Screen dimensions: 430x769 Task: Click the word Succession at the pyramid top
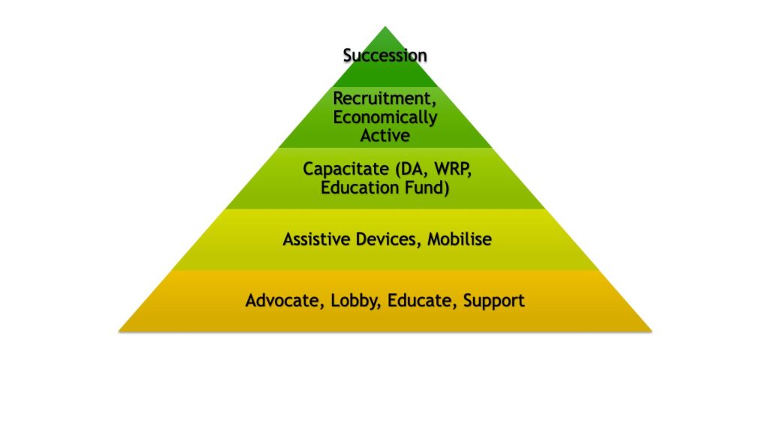click(x=385, y=56)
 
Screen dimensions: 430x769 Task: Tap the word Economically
click(x=385, y=117)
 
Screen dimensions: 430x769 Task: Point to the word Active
click(x=385, y=136)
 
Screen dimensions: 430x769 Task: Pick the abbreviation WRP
click(x=448, y=169)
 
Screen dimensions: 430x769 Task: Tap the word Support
click(x=493, y=302)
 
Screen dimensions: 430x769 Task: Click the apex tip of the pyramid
click(x=385, y=27)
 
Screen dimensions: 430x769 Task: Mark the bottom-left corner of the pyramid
click(x=119, y=330)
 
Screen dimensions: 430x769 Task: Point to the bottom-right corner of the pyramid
click(x=651, y=330)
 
